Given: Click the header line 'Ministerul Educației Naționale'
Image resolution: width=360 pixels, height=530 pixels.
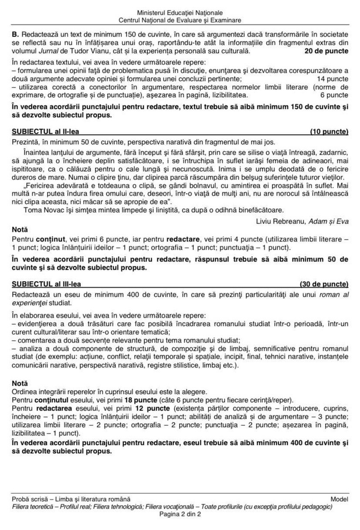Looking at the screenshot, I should [x=180, y=13].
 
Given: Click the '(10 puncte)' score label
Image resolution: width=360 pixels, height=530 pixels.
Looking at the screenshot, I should [x=329, y=131].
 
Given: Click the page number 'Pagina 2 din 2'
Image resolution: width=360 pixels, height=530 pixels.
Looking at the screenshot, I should [x=180, y=514].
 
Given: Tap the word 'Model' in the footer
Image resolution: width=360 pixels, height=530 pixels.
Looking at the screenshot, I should [x=339, y=499].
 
